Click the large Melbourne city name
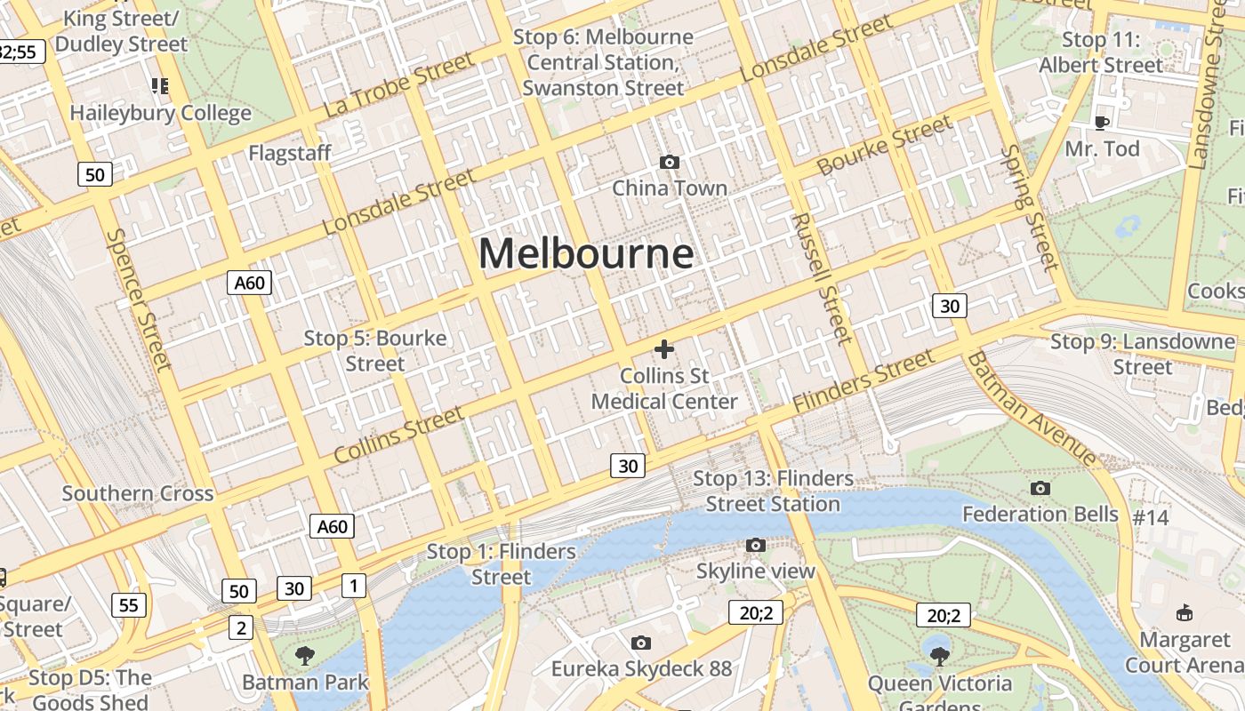pos(586,253)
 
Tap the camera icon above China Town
pos(670,162)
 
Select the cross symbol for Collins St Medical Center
pos(664,349)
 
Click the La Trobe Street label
pos(398,85)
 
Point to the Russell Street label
pos(821,277)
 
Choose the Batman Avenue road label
pos(1032,408)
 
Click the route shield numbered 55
pos(129,605)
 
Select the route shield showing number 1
pos(354,585)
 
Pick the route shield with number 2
pos(241,627)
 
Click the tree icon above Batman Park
pos(305,657)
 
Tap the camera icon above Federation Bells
pos(1040,488)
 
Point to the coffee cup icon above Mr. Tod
pos(1102,123)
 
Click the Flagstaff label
pos(290,153)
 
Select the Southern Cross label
pos(138,493)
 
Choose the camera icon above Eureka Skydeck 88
pos(641,643)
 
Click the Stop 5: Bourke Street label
pos(375,350)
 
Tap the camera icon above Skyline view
pos(756,545)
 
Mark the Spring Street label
pos(1030,207)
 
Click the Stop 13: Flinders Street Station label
pos(773,491)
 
